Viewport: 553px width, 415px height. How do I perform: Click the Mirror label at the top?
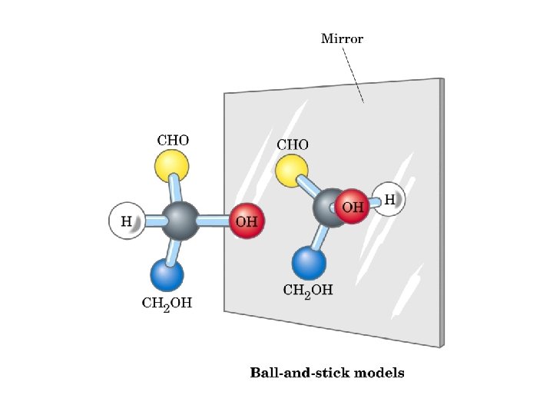(342, 38)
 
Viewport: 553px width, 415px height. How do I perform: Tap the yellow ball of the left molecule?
(171, 164)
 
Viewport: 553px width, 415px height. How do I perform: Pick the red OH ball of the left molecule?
(247, 221)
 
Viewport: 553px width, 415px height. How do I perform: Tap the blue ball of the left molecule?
(167, 274)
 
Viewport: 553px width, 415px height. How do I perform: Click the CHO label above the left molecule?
(173, 141)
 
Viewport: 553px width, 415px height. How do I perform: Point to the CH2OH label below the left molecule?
(167, 303)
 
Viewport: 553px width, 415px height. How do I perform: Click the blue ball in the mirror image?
(309, 262)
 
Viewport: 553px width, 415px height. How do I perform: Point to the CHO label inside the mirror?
(293, 144)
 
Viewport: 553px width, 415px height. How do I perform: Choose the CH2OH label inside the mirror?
(308, 290)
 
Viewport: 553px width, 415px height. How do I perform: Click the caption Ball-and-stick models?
(327, 373)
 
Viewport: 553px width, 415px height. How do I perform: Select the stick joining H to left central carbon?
(152, 221)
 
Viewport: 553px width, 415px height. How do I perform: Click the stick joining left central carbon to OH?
(215, 221)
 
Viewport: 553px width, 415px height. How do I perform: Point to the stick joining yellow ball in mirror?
(310, 188)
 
